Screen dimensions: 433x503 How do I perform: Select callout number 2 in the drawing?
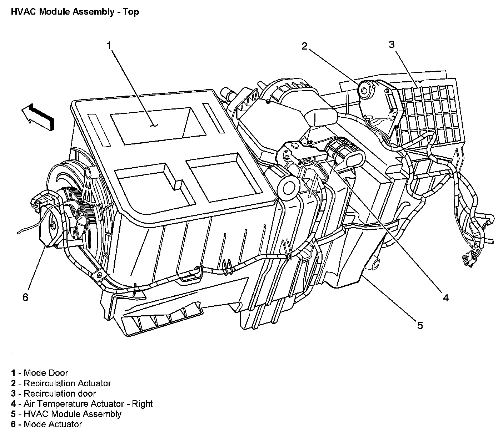coord(304,46)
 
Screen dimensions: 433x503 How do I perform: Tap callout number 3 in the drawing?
coord(392,45)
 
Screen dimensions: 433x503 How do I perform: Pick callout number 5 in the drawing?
coord(420,325)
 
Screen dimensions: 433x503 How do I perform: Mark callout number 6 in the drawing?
coord(25,297)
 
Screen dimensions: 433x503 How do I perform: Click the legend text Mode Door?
coord(46,373)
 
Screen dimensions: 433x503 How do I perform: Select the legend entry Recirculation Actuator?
coord(67,383)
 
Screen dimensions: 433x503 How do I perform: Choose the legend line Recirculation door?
coord(60,393)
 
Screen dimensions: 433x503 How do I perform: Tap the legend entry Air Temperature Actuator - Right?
coord(88,404)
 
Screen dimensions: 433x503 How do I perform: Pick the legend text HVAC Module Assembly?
coord(72,414)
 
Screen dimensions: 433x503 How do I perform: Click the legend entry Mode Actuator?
coord(53,424)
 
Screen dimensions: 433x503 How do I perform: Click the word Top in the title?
coord(131,12)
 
